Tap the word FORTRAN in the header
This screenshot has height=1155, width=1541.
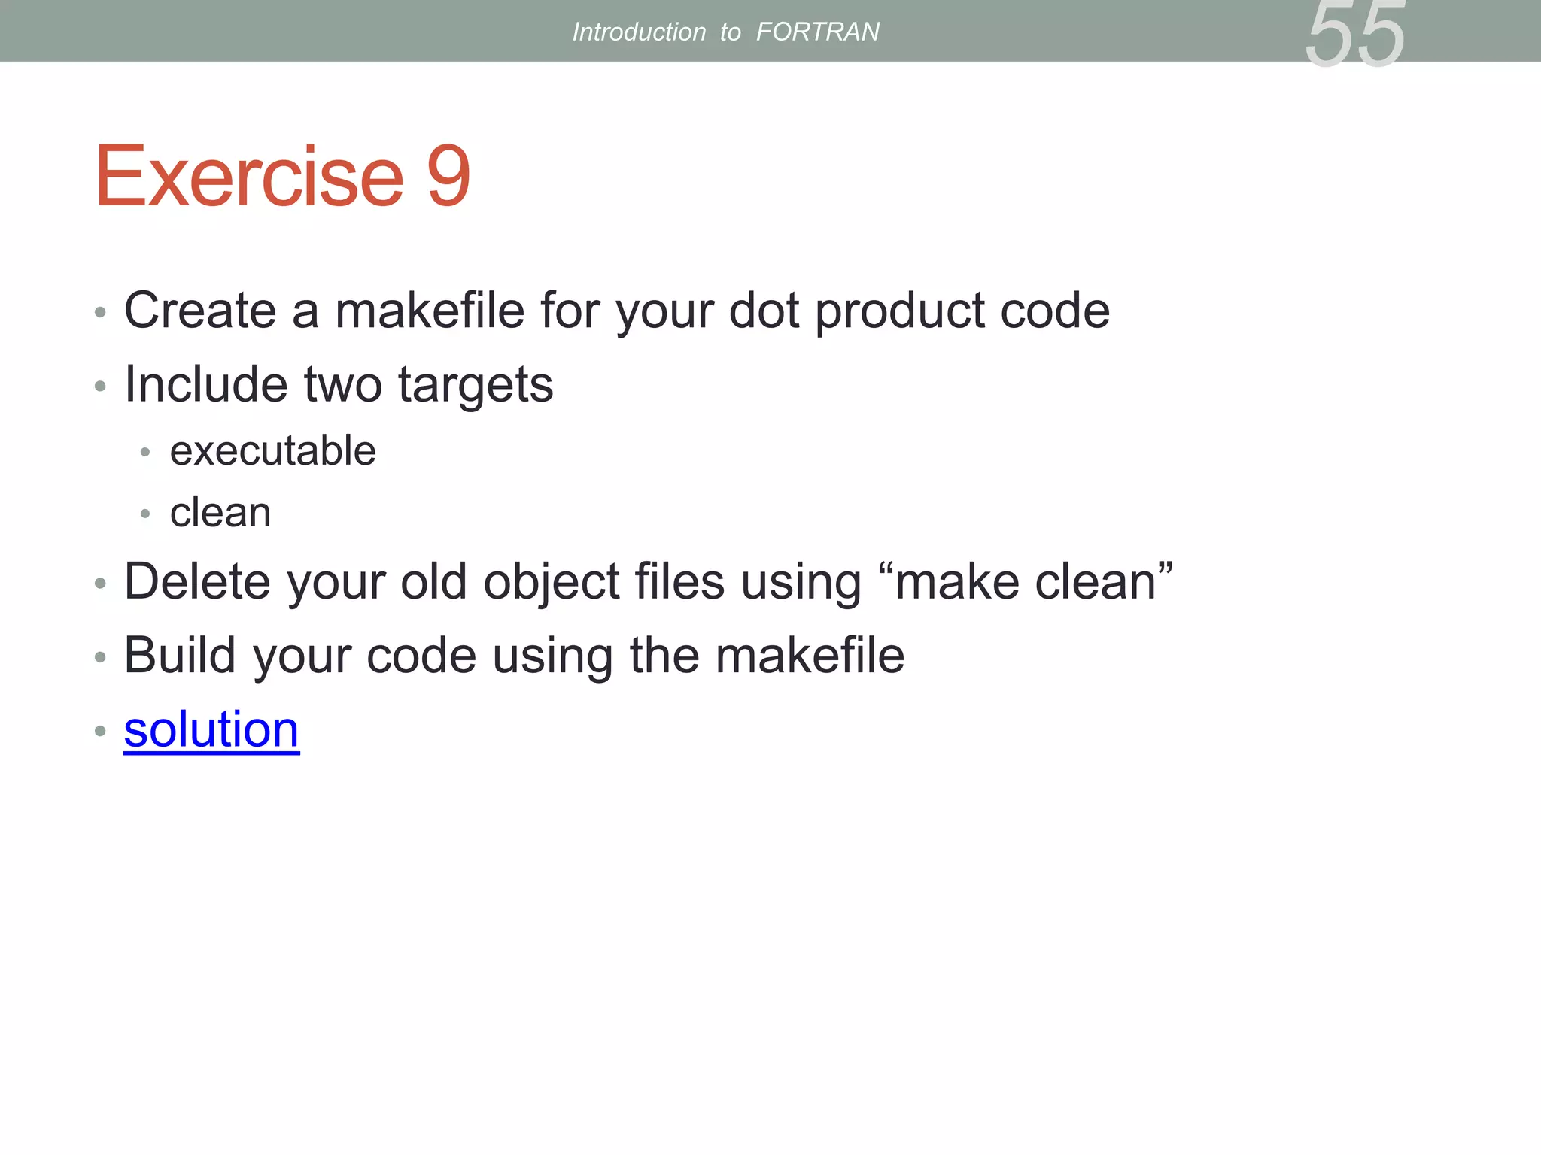(x=817, y=32)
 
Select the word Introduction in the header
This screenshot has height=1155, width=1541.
(x=639, y=32)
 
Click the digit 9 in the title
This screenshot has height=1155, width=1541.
(x=448, y=176)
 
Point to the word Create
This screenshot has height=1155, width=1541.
(x=200, y=310)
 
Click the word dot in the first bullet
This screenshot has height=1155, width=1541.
(x=764, y=310)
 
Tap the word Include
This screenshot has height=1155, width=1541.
(x=205, y=383)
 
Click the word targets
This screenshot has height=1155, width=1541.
(x=475, y=385)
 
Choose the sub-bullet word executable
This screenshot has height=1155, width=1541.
(x=272, y=450)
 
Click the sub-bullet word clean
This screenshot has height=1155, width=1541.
(x=220, y=513)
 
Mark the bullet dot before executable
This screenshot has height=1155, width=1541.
(x=145, y=452)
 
